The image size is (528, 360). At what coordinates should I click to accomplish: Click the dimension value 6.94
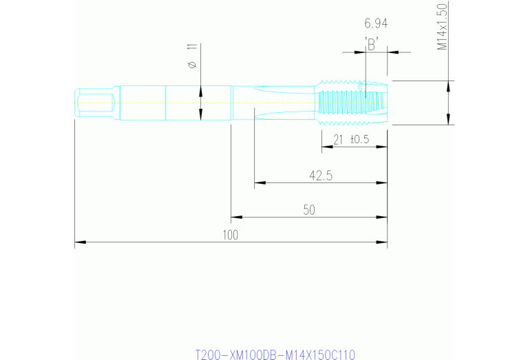[x=376, y=23]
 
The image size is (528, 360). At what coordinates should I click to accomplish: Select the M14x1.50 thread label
[x=443, y=26]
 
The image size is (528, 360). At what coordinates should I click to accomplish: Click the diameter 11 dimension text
[x=192, y=56]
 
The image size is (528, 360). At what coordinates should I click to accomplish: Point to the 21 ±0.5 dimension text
[x=351, y=139]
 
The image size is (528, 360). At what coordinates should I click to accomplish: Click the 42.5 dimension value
[x=321, y=176]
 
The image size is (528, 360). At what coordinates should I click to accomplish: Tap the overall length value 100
[x=230, y=235]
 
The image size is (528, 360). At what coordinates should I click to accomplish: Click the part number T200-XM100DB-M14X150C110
[x=275, y=354]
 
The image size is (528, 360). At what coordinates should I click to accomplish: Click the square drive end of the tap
[x=93, y=103]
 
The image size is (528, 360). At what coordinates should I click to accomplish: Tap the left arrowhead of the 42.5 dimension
[x=259, y=184]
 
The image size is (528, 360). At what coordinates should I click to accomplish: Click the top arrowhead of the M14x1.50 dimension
[x=449, y=85]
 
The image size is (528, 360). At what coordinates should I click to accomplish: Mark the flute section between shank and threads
[x=282, y=103]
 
